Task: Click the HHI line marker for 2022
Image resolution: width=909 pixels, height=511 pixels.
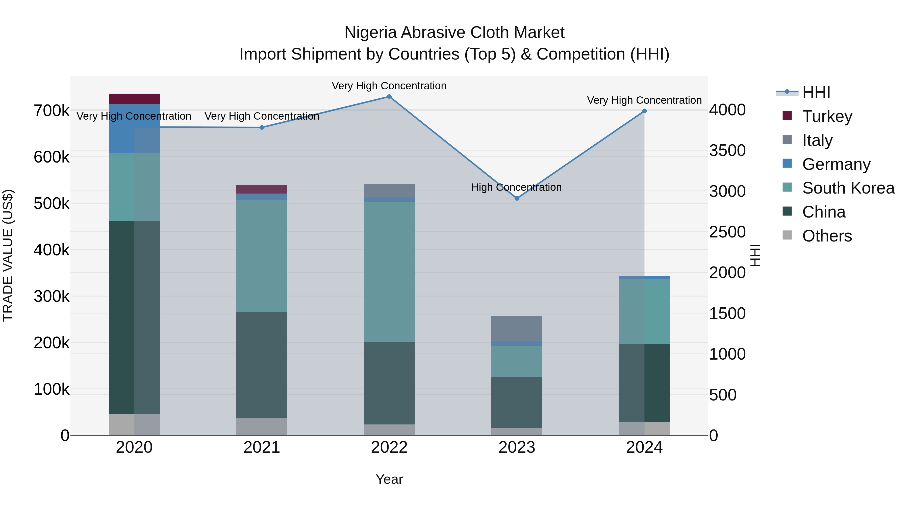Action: [389, 97]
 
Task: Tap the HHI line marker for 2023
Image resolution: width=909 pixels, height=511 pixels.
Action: [517, 199]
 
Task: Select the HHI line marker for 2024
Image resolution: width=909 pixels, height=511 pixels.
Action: [644, 111]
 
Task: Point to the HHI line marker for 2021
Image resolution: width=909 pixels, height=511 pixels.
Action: [262, 128]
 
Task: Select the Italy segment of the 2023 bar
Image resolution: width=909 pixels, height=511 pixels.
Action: [517, 329]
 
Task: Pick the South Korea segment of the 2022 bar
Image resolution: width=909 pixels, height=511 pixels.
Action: [389, 272]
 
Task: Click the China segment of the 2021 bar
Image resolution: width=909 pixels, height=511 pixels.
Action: [262, 365]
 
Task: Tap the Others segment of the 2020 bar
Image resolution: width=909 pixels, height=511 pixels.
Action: [134, 425]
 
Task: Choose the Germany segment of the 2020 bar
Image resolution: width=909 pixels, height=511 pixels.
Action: [134, 129]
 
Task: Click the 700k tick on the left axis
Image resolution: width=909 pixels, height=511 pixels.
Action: [52, 111]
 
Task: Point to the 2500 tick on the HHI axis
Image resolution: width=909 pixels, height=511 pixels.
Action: [728, 232]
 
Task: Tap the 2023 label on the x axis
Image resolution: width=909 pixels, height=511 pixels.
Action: [517, 447]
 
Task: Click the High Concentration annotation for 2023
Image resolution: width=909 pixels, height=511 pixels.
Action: [516, 187]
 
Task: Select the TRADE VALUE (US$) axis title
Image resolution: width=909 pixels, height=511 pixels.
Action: [8, 255]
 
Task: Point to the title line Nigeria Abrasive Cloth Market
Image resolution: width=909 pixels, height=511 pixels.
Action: [454, 33]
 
